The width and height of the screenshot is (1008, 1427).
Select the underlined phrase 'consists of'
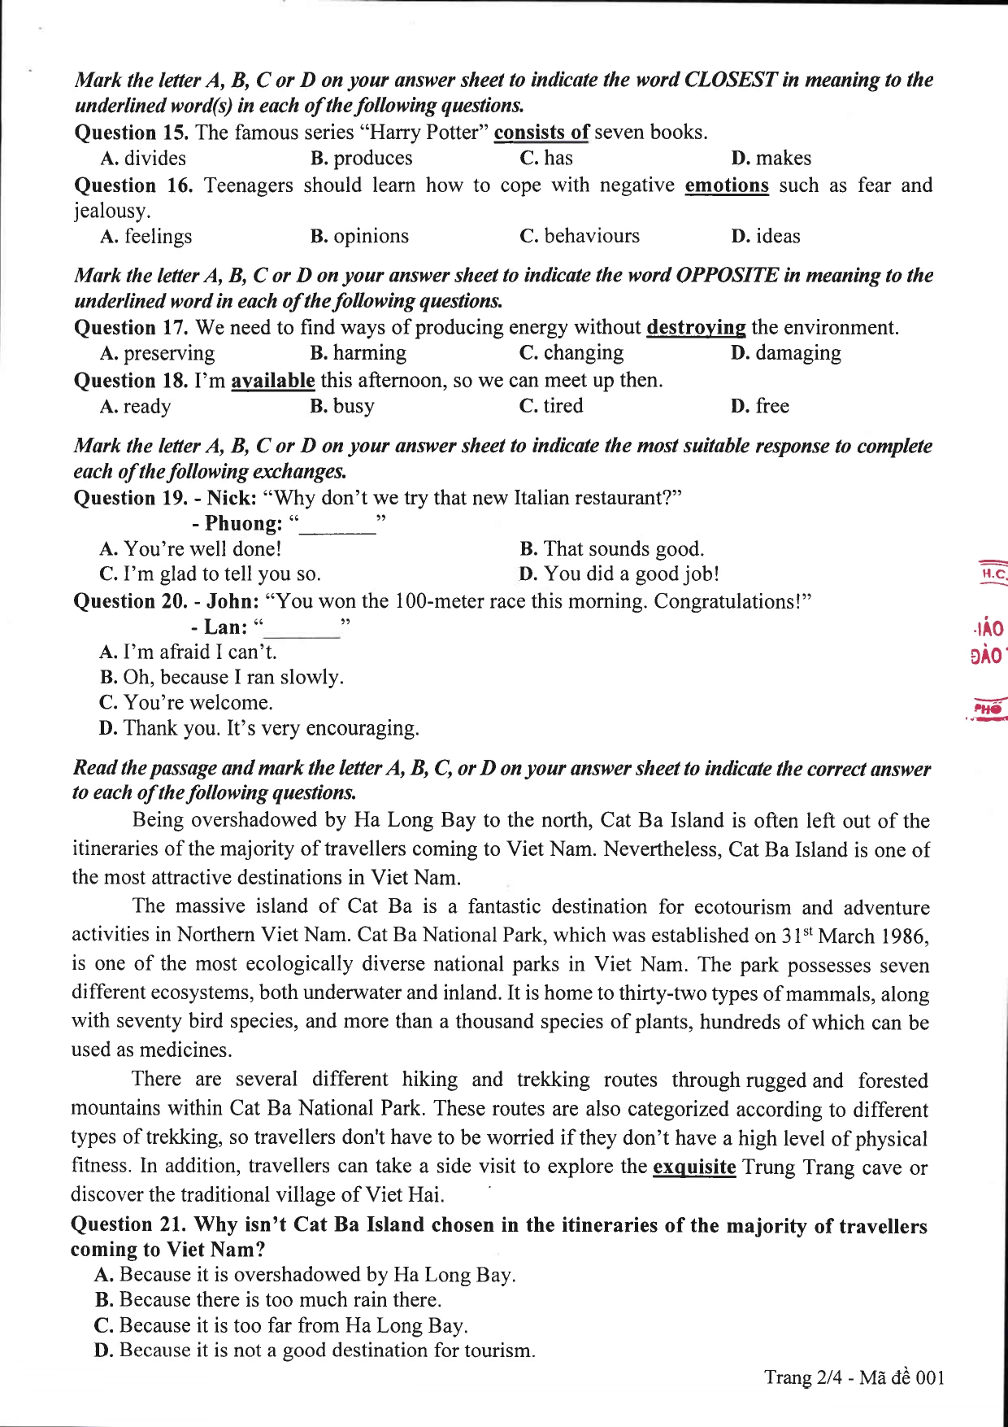tap(541, 133)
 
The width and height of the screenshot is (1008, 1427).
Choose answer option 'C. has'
tap(546, 158)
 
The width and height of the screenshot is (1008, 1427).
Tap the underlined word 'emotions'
tap(727, 185)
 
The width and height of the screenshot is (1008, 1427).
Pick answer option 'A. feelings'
tap(146, 237)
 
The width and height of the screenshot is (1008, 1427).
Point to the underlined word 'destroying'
tap(696, 328)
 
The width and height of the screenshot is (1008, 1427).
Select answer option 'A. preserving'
tap(158, 353)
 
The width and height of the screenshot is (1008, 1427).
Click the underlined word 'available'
tap(273, 381)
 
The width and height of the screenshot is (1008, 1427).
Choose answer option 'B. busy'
tap(342, 406)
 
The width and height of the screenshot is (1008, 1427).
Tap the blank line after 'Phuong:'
tap(337, 526)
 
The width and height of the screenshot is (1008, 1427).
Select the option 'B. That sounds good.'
tap(611, 549)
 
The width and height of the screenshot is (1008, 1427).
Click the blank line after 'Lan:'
tap(302, 629)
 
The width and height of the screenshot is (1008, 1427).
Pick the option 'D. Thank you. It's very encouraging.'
tap(259, 728)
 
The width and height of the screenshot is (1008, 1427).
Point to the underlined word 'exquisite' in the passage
tap(694, 1167)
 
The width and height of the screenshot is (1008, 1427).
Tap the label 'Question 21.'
tap(129, 1225)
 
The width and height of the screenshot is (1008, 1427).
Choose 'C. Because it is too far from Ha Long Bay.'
tap(281, 1325)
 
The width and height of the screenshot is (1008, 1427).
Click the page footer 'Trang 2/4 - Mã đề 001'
tap(854, 1377)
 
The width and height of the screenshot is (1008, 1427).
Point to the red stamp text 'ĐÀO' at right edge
tap(986, 656)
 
